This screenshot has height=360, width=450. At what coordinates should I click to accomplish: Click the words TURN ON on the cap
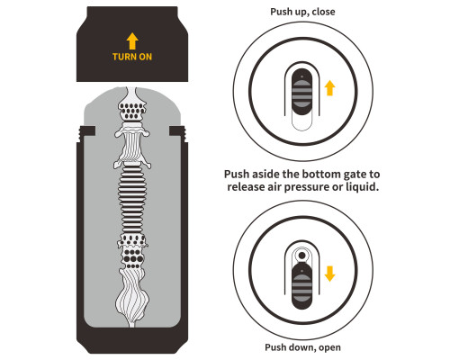pyautogui.click(x=132, y=57)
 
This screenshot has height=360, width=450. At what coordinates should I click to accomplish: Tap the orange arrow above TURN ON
pyautogui.click(x=132, y=41)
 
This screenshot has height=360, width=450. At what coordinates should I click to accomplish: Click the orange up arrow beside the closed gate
pyautogui.click(x=329, y=88)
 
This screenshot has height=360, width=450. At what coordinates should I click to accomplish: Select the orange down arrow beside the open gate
pyautogui.click(x=329, y=274)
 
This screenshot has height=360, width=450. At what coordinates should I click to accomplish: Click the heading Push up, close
pyautogui.click(x=302, y=12)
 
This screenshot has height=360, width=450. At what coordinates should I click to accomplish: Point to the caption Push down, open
pyautogui.click(x=302, y=347)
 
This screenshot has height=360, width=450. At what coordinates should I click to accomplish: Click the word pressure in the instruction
pyautogui.click(x=306, y=187)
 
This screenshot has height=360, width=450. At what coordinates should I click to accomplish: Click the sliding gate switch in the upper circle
pyautogui.click(x=302, y=92)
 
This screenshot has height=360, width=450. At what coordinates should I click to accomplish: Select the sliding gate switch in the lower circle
pyautogui.click(x=302, y=285)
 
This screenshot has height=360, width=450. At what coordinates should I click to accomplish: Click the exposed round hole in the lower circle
pyautogui.click(x=302, y=256)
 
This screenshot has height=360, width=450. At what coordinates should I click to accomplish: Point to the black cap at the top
pyautogui.click(x=132, y=44)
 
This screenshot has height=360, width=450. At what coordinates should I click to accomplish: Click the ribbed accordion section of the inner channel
pyautogui.click(x=132, y=200)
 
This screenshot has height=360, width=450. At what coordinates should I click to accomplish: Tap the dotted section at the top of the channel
pyautogui.click(x=132, y=111)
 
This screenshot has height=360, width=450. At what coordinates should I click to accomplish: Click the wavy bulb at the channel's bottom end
pyautogui.click(x=132, y=295)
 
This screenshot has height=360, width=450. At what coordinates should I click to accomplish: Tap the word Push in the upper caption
pyautogui.click(x=281, y=12)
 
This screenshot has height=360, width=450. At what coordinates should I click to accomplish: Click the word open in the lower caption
pyautogui.click(x=329, y=348)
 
